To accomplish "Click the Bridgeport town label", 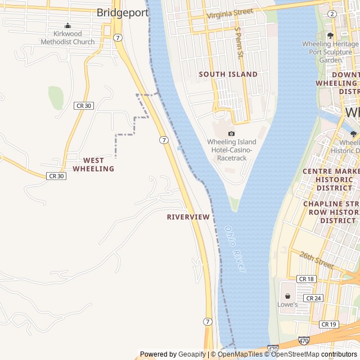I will pos(122,12).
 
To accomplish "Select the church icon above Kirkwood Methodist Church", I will pos(68,25).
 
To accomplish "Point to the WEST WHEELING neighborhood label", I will pos(93,164).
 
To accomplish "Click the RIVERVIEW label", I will pos(188,217).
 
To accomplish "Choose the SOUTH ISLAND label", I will pos(228,74).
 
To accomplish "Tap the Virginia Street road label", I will pos(230,13).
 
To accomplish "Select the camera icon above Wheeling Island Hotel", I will pos(231,133).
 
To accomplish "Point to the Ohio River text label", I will pos(235,249).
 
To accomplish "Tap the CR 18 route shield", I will pos(307,279).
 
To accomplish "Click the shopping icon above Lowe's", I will pos(287,295).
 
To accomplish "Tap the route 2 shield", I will pos(332,13).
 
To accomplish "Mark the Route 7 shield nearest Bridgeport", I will pos(117,38).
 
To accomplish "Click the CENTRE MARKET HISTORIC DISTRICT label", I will pos(331,179).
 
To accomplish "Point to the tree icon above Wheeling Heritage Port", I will pos(330,35).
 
